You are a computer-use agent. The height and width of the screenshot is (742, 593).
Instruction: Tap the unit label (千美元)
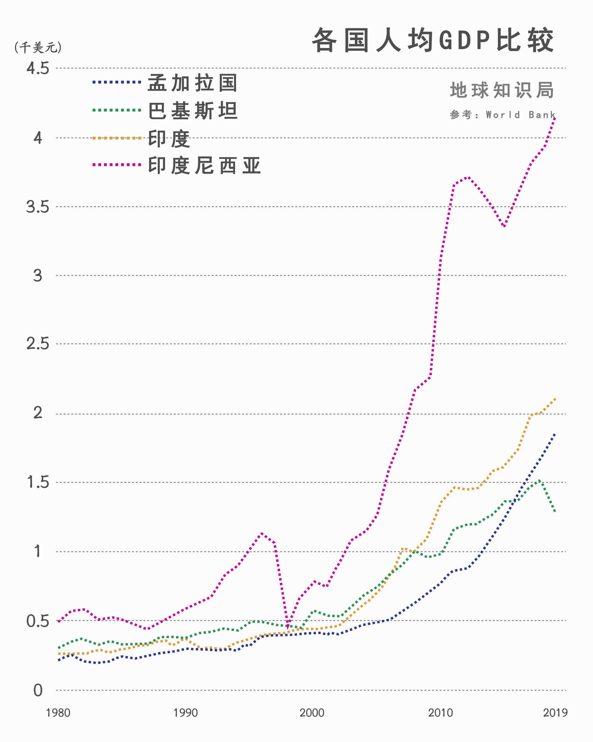pyautogui.click(x=38, y=47)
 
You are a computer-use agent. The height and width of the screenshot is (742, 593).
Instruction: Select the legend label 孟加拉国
pyautogui.click(x=193, y=83)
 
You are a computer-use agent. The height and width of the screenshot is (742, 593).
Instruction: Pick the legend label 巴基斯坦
pyautogui.click(x=193, y=111)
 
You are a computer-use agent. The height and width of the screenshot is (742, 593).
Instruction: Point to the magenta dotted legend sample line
pyautogui.click(x=117, y=165)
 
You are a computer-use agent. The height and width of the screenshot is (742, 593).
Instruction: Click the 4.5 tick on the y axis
pyautogui.click(x=38, y=68)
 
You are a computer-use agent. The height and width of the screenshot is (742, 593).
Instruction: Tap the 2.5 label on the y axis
pyautogui.click(x=38, y=344)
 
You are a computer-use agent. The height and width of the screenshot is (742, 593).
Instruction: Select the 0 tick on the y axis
pyautogui.click(x=38, y=690)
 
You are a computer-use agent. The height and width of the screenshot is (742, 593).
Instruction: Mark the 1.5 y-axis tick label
pyautogui.click(x=38, y=482)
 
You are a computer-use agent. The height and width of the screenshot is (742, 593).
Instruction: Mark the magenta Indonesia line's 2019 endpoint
pyautogui.click(x=555, y=118)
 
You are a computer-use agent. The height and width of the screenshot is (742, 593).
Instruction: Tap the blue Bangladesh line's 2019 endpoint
pyautogui.click(x=555, y=434)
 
